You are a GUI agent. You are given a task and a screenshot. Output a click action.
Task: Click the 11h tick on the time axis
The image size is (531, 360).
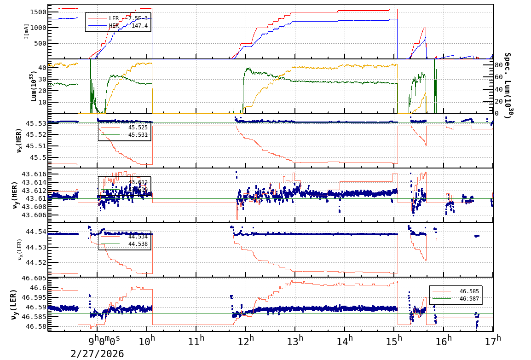click(196, 341)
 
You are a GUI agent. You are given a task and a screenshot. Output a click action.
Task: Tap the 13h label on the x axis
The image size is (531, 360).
click(295, 341)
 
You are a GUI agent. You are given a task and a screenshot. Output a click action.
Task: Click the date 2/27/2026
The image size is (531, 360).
click(97, 353)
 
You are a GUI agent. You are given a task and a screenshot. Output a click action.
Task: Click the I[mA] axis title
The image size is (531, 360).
click(26, 32)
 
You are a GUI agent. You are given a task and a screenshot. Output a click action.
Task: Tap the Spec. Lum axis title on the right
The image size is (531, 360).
click(508, 86)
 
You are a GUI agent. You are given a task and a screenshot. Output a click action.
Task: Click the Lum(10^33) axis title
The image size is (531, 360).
click(31, 86)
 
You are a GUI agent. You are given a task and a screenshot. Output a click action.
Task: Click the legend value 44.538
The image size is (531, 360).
click(138, 244)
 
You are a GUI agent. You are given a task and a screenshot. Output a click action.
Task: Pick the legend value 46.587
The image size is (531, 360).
click(469, 299)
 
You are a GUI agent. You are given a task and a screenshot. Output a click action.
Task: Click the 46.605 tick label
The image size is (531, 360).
click(35, 279)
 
